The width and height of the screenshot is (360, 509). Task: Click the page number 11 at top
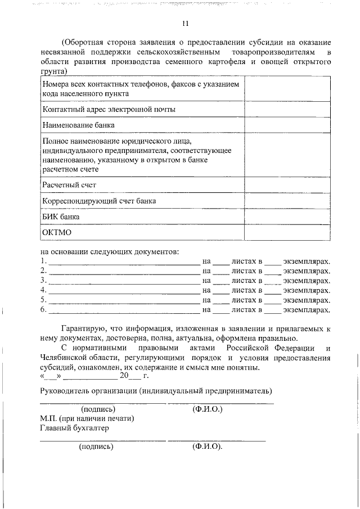point(185,24)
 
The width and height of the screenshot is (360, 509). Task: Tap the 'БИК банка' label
point(61,216)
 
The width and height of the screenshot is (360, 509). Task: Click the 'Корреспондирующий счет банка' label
point(99,200)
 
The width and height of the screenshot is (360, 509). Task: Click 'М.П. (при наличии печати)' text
point(87,418)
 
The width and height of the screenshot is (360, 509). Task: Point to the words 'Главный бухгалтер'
point(74,428)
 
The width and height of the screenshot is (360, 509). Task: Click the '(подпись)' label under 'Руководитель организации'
point(98,409)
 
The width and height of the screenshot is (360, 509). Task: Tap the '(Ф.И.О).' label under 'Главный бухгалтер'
point(207,447)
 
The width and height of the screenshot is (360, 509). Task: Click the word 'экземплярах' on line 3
point(307,280)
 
